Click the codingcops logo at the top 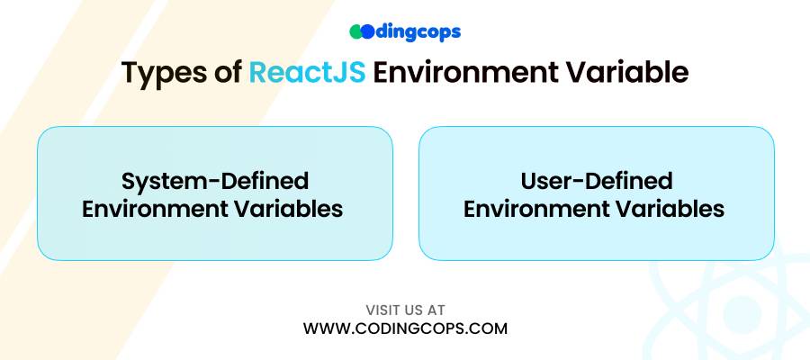point(405,32)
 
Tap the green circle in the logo point(355,32)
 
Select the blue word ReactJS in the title point(308,73)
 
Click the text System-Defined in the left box point(215,181)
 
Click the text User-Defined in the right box point(596,181)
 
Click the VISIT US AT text point(405,310)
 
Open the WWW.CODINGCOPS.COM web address point(405,328)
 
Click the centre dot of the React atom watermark point(742,313)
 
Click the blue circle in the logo point(367,32)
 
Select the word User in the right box point(545,181)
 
